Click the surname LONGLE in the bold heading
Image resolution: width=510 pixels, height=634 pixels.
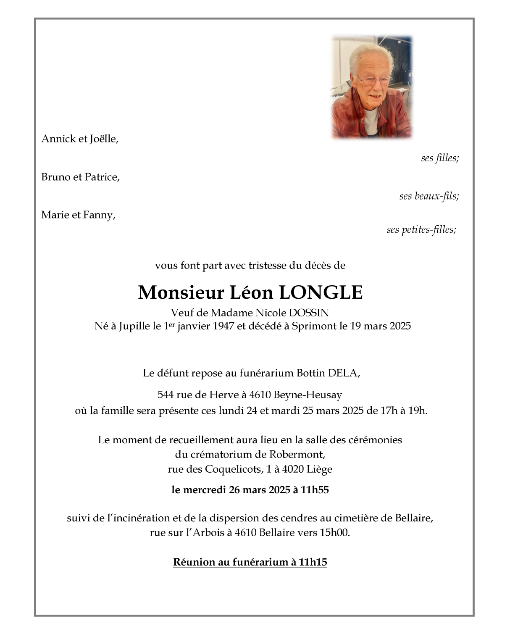[321, 292]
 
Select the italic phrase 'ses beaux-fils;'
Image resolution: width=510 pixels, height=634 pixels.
[429, 196]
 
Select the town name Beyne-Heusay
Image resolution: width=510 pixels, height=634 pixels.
[308, 395]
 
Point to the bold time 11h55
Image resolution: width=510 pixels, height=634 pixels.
[315, 490]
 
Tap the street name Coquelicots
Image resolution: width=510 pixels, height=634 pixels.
[233, 469]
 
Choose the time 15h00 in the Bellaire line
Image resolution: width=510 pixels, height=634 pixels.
[334, 533]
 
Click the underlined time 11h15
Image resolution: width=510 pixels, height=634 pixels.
[313, 562]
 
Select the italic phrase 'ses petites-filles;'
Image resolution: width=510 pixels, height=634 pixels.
[421, 230]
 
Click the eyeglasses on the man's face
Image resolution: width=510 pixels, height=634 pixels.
[372, 79]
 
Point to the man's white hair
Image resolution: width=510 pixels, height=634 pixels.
[370, 55]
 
